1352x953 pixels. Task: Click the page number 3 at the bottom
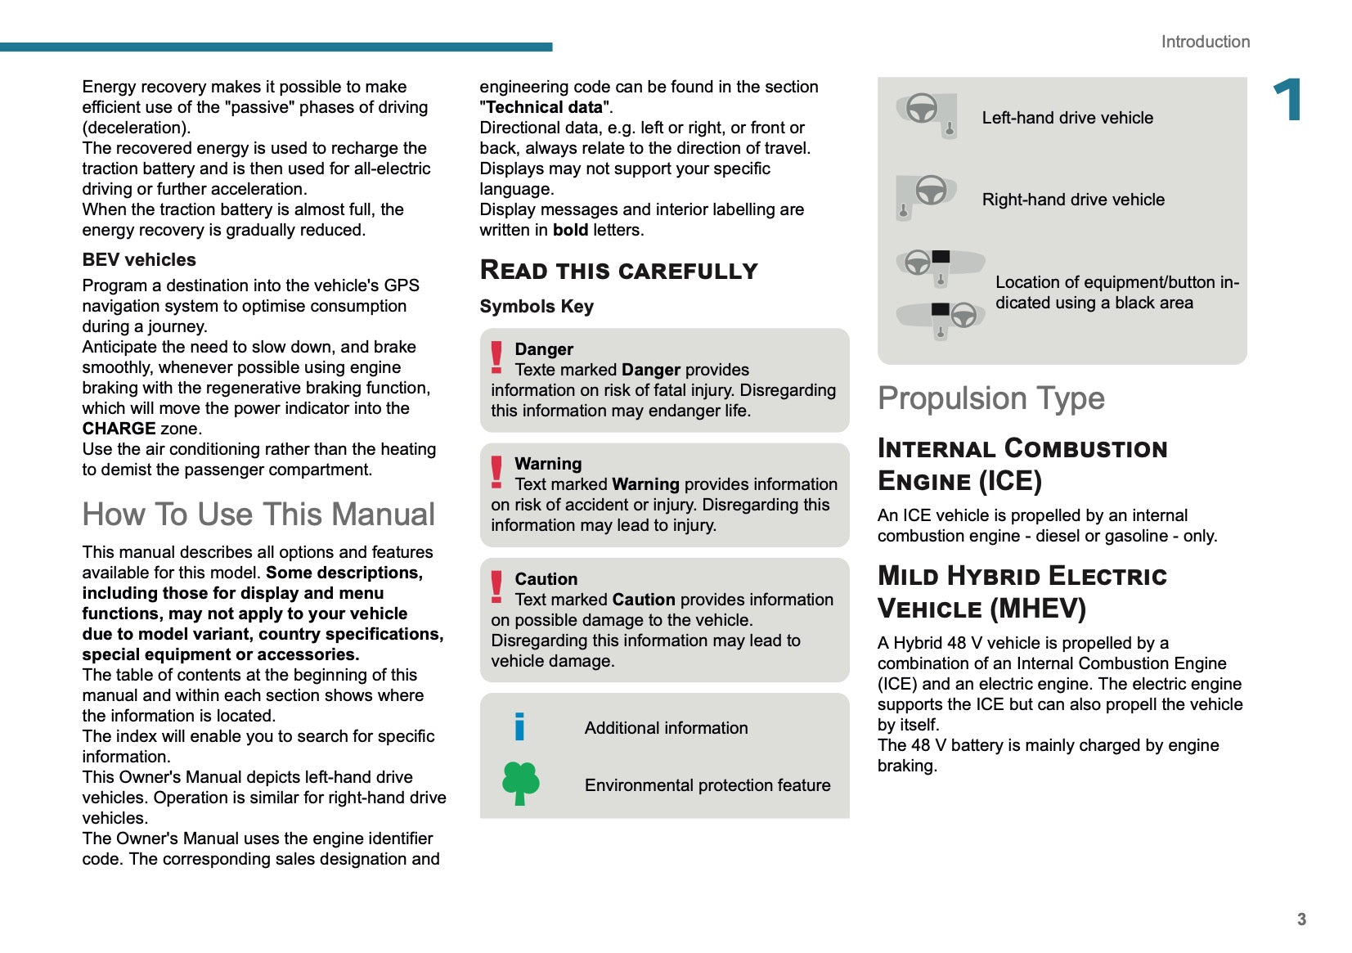click(1301, 919)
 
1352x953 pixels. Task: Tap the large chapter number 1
click(1288, 100)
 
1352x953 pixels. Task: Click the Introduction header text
click(1205, 42)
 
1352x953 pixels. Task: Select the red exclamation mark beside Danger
click(496, 357)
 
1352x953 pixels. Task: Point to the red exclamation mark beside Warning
click(496, 472)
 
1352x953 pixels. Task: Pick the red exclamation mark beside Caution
click(496, 587)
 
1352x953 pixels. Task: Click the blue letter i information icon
click(519, 726)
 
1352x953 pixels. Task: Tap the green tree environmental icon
click(520, 783)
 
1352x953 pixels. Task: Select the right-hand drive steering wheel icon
click(927, 196)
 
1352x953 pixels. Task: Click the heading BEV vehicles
click(139, 260)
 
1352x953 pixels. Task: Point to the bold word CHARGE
click(119, 429)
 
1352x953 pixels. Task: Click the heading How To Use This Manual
click(258, 515)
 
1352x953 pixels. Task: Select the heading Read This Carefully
click(618, 271)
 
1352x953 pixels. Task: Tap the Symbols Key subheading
click(537, 307)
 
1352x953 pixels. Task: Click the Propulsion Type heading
click(990, 398)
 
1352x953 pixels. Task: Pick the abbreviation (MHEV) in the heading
click(1037, 609)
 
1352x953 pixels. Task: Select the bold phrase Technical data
click(544, 107)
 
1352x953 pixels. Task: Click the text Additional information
click(666, 728)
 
